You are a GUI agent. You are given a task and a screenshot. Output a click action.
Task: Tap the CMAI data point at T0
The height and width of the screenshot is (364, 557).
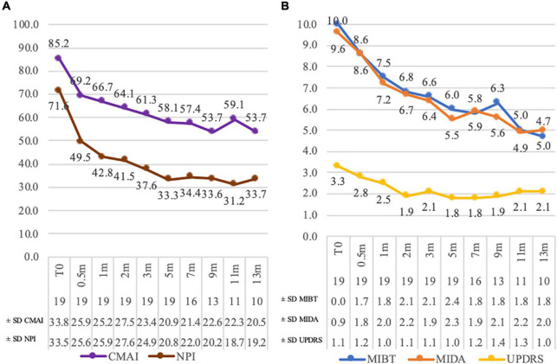58,58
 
